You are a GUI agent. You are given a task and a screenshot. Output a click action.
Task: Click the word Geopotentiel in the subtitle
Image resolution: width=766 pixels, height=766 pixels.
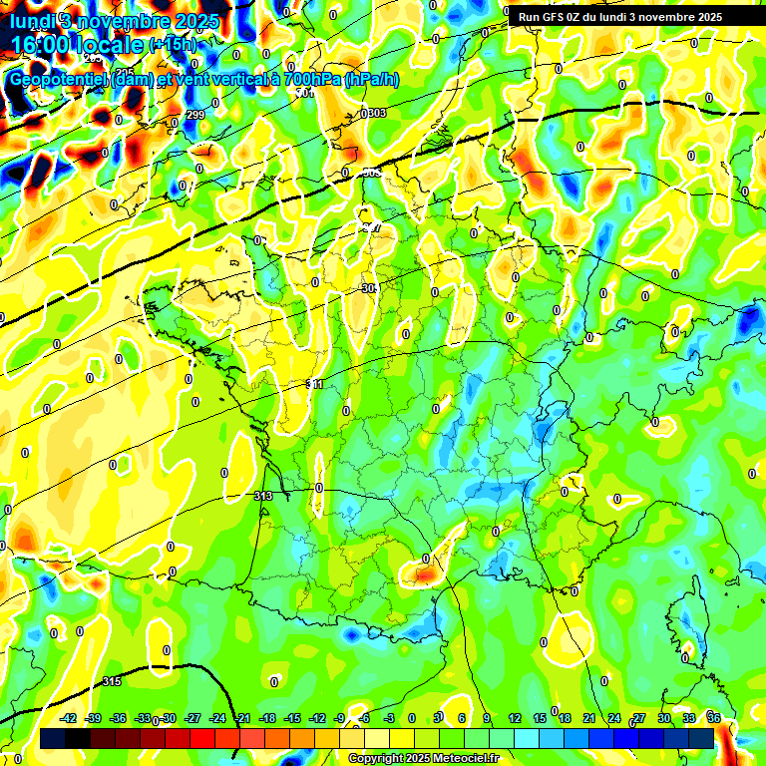pyautogui.click(x=59, y=79)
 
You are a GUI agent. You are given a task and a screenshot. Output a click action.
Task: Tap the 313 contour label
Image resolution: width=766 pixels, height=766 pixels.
pyautogui.click(x=263, y=496)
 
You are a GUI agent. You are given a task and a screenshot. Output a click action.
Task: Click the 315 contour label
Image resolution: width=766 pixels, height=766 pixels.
pyautogui.click(x=112, y=681)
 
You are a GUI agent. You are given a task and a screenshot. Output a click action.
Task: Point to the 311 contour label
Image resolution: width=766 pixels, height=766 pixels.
pyautogui.click(x=316, y=384)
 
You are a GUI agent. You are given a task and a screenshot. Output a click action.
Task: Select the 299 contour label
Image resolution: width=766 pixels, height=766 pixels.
pyautogui.click(x=195, y=115)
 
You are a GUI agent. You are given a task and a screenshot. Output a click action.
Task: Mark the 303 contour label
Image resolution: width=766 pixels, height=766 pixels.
pyautogui.click(x=375, y=113)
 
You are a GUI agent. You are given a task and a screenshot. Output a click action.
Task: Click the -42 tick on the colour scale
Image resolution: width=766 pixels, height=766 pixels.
pyautogui.click(x=69, y=718)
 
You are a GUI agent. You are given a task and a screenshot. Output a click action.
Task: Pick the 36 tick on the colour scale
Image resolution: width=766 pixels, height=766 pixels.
pyautogui.click(x=713, y=718)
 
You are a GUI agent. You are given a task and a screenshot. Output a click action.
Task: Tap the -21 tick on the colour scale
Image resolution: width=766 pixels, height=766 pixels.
pyautogui.click(x=242, y=718)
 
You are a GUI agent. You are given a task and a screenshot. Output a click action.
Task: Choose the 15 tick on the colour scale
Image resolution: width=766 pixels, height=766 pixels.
pyautogui.click(x=540, y=718)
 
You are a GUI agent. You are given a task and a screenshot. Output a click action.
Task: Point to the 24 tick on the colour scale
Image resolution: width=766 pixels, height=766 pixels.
pyautogui.click(x=614, y=718)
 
